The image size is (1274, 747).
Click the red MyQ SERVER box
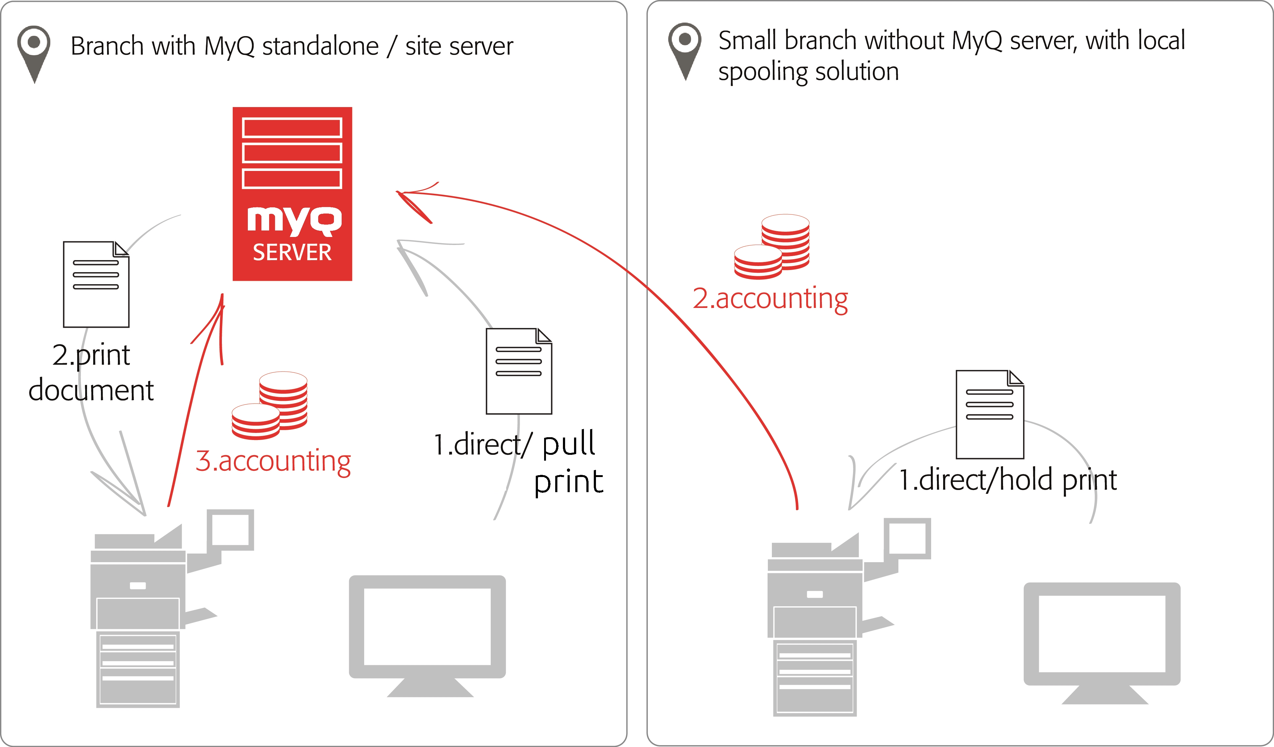click(292, 193)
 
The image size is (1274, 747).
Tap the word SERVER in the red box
click(292, 252)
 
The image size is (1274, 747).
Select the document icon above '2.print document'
click(96, 284)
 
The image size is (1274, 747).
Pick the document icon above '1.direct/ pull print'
click(519, 371)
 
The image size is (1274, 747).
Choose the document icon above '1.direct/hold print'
click(989, 414)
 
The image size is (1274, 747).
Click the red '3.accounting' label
click(273, 461)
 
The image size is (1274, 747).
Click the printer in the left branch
click(147, 612)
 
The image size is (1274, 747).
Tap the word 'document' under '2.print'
click(91, 390)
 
